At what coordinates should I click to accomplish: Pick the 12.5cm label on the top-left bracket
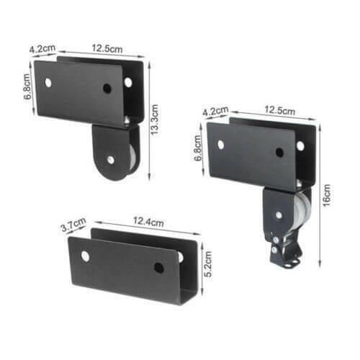point(107,50)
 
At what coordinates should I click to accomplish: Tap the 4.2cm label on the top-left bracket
point(42,50)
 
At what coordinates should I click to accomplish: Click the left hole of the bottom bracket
point(86,256)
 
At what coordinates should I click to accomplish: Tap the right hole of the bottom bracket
point(158,268)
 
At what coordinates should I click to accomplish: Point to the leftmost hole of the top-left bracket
point(48,82)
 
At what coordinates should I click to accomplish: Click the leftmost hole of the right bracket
point(221,144)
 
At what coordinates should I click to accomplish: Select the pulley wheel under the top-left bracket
point(116,156)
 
